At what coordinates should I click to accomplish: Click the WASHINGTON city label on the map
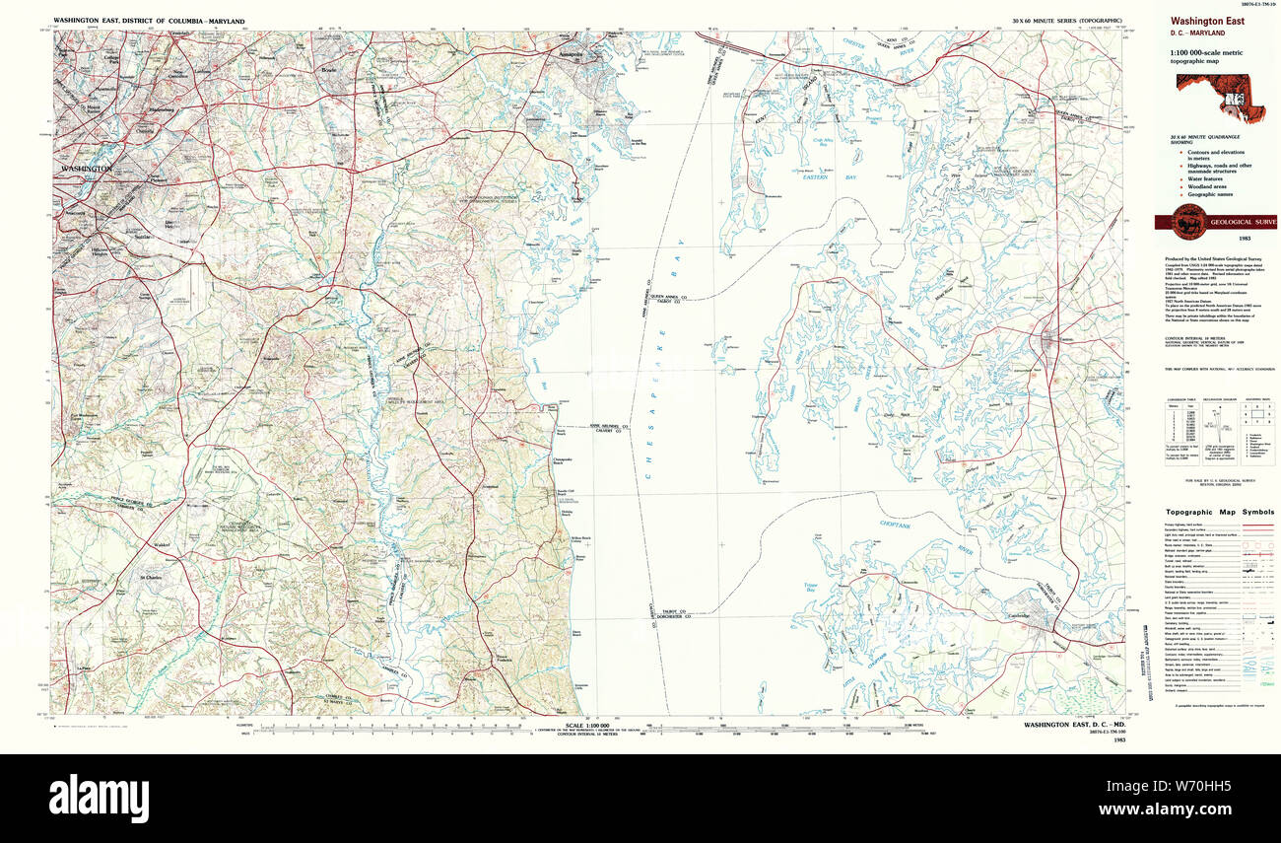[85, 169]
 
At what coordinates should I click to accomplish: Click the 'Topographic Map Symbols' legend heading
[1220, 513]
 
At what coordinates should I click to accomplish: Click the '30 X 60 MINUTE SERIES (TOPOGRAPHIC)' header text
[1067, 21]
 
